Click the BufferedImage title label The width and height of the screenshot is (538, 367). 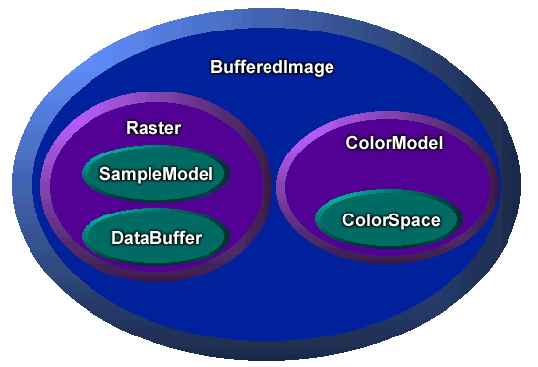[x=272, y=68]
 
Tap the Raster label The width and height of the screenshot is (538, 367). [x=154, y=128]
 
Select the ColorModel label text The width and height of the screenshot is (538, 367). [x=394, y=144]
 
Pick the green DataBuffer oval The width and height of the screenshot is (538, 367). [x=155, y=236]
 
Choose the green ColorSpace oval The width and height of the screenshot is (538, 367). [x=390, y=219]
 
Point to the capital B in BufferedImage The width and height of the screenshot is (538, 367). [x=216, y=68]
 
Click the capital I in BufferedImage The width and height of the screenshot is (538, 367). [x=285, y=68]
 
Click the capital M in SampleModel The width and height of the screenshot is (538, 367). [x=162, y=175]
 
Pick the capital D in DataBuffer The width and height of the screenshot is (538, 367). [x=117, y=237]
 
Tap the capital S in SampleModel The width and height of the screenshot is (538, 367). [x=105, y=175]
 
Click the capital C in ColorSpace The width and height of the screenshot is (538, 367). [x=347, y=220]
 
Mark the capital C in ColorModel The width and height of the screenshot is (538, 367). [x=352, y=144]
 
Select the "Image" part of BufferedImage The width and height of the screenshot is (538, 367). [x=309, y=68]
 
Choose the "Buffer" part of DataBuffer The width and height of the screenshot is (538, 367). [x=174, y=237]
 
